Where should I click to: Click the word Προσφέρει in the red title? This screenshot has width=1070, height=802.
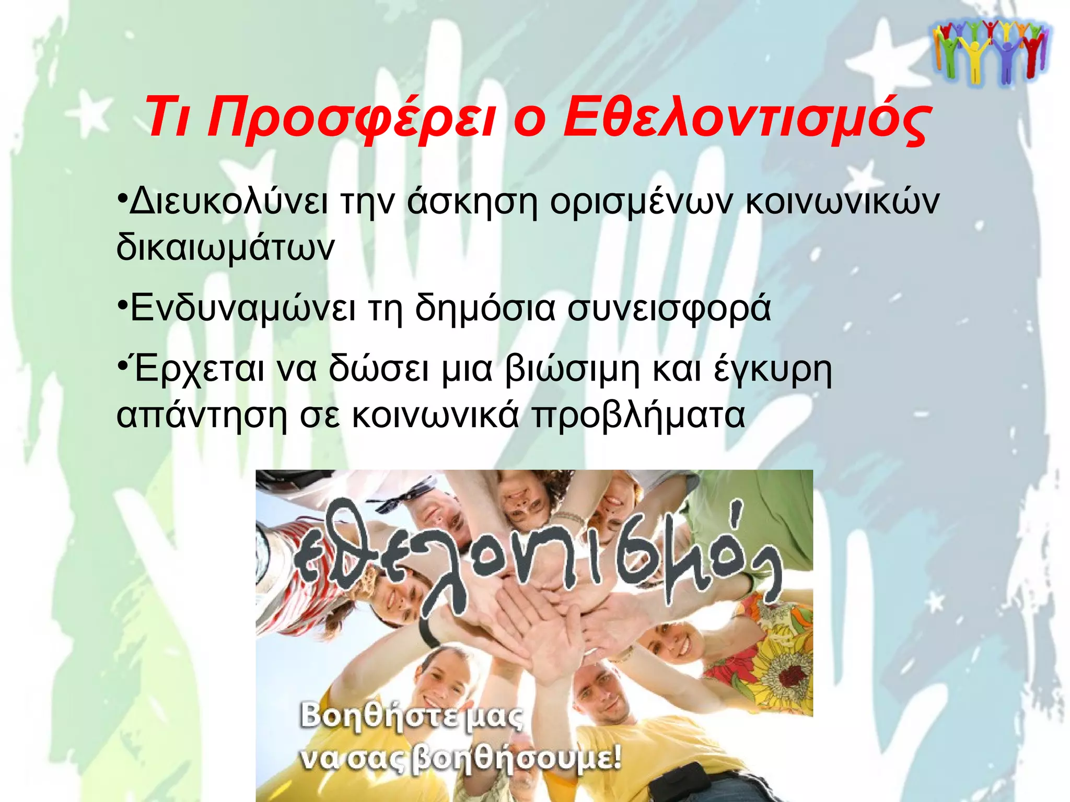coord(351,118)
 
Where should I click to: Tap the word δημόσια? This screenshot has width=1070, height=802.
coord(485,308)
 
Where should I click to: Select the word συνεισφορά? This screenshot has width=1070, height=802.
coord(669,308)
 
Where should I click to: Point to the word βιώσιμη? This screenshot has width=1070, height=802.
coord(572,370)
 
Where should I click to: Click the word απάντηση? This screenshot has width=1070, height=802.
coord(202,415)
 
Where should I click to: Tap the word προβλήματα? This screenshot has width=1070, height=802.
coord(638,415)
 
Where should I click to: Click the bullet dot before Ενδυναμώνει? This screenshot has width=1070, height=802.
coord(121,303)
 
